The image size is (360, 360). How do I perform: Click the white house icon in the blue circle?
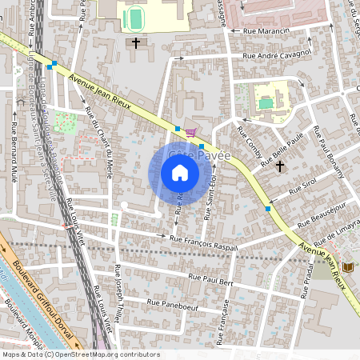[x=180, y=173]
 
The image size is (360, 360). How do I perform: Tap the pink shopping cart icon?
[x=190, y=133]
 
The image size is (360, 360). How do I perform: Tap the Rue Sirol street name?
[x=304, y=186]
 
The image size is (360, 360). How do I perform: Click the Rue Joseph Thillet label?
[x=119, y=291]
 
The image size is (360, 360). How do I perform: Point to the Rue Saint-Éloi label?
[x=210, y=195]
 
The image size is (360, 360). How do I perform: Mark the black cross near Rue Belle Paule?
[x=279, y=166]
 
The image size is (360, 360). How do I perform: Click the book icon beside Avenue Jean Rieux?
[x=346, y=266]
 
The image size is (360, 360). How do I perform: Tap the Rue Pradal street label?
[x=306, y=279]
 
